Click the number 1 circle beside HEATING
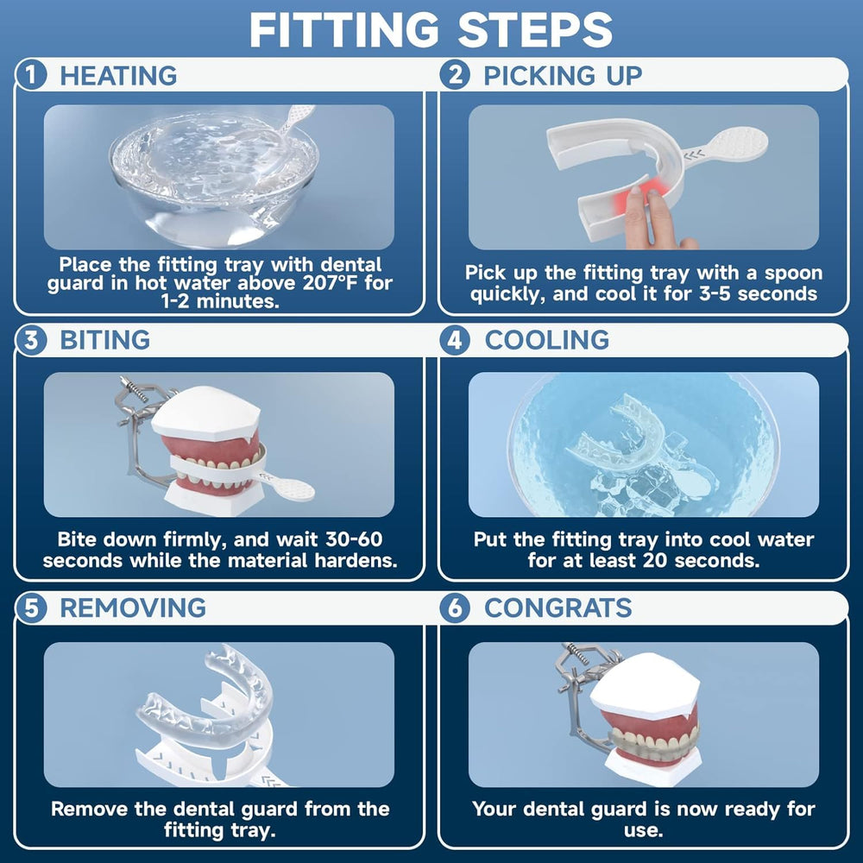(x=32, y=75)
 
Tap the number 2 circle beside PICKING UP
(x=455, y=75)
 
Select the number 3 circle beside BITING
(x=32, y=340)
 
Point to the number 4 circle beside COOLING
(x=455, y=340)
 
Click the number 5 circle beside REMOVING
(x=32, y=608)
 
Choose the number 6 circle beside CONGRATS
(x=455, y=608)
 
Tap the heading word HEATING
(x=118, y=75)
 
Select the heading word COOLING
(x=547, y=340)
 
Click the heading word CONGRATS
(x=558, y=608)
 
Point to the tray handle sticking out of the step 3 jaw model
(x=289, y=488)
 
